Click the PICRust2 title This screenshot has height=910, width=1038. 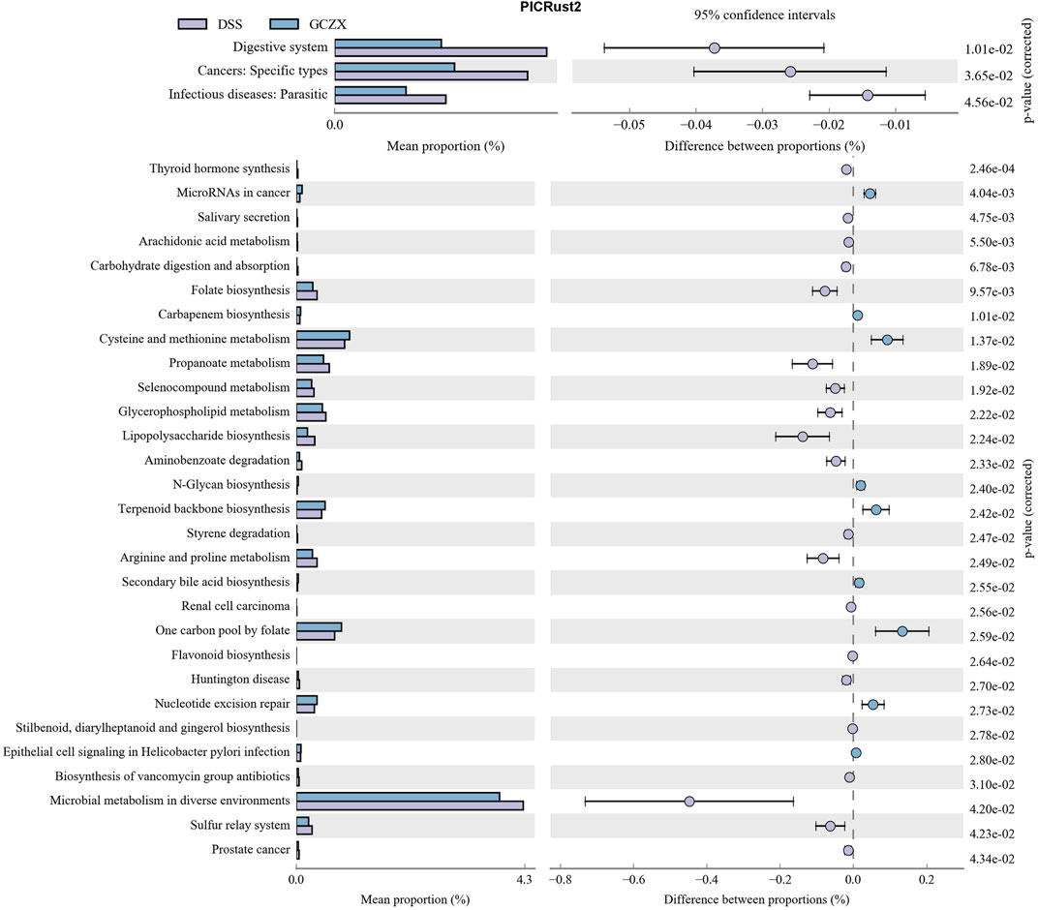[x=551, y=8]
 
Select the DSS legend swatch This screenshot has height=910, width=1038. [x=193, y=24]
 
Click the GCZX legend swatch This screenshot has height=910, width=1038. [x=284, y=24]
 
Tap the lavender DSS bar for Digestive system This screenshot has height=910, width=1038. [x=441, y=52]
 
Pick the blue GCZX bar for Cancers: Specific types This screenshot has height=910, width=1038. [x=394, y=67]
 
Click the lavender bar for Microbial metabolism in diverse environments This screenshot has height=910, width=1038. [x=410, y=805]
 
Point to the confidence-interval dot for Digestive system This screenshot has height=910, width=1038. [x=715, y=47]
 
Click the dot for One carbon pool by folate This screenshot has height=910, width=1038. [x=902, y=631]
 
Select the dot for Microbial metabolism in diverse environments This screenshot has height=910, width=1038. [x=689, y=802]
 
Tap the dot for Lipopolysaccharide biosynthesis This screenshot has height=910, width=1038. [x=803, y=437]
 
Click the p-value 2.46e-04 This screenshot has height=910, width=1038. [x=992, y=168]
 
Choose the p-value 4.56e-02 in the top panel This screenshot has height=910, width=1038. [x=989, y=102]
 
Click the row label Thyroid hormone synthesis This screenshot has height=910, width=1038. [x=220, y=168]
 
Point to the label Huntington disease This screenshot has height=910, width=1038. [x=240, y=679]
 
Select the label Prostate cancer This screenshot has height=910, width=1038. [x=251, y=849]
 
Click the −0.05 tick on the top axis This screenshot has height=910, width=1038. [x=628, y=125]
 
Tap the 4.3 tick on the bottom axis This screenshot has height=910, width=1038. [x=524, y=880]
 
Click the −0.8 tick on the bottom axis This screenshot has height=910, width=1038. [x=560, y=880]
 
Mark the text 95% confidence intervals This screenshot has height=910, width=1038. [x=765, y=15]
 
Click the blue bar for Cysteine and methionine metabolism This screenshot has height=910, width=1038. [x=323, y=336]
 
